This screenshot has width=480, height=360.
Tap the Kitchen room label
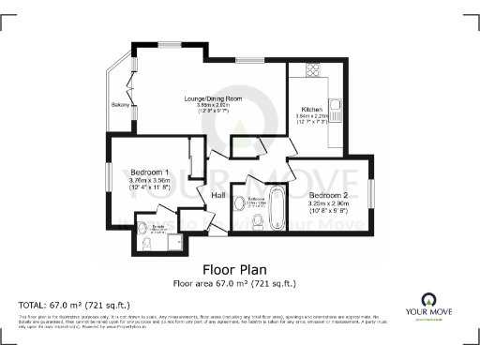[x=311, y=109]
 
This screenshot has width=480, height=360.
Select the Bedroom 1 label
[x=150, y=173]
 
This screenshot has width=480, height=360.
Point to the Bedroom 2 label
[x=329, y=194]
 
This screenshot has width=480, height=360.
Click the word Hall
[x=218, y=195]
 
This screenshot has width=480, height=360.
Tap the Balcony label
[x=119, y=103]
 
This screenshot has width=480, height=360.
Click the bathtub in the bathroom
[x=277, y=208]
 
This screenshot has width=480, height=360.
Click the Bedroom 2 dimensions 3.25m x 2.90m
[x=329, y=203]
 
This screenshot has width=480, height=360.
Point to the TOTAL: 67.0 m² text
[x=74, y=306]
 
